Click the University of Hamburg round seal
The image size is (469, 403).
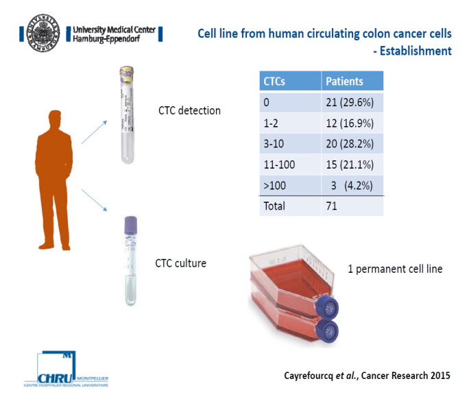click(43, 33)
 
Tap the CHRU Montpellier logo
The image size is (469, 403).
click(66, 369)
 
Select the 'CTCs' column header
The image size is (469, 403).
click(274, 82)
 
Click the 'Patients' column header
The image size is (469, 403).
click(344, 82)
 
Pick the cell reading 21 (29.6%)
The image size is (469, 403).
click(350, 103)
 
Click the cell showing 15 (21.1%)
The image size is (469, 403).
click(350, 164)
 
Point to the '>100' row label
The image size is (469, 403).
click(274, 186)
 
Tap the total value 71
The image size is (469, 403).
click(331, 206)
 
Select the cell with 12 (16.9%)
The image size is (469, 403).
click(350, 123)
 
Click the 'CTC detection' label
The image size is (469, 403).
click(189, 110)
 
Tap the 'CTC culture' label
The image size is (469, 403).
click(180, 263)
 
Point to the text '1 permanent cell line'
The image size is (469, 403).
click(395, 269)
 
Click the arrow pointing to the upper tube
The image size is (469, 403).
click(94, 132)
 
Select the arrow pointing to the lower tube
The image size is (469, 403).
click(94, 200)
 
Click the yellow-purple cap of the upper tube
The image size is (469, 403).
click(127, 75)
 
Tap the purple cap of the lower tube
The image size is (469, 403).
click(131, 225)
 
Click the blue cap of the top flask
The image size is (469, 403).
click(328, 307)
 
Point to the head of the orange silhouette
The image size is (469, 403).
click(55, 119)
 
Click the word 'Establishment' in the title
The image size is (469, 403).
click(416, 51)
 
